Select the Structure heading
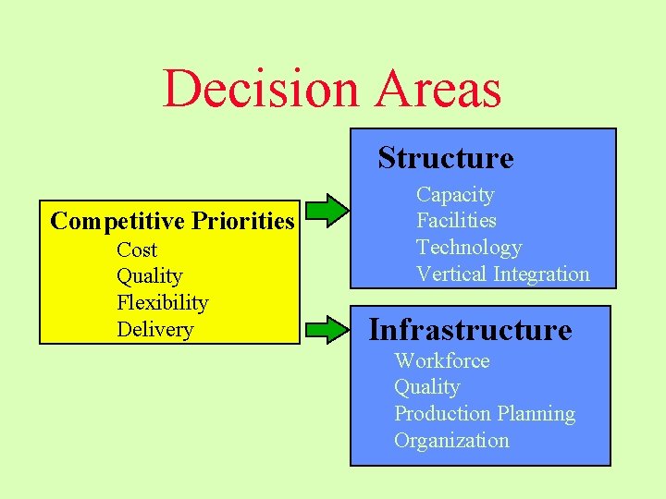point(445,158)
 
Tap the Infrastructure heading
point(470,329)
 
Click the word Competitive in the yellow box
point(105,222)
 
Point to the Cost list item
point(137,250)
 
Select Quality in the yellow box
point(149,276)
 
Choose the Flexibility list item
point(162,303)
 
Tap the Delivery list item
point(154,330)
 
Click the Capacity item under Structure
point(455,195)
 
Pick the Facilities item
point(456,221)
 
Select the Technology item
point(469,248)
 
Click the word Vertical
point(451,274)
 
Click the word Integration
point(541,274)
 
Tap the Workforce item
point(441,361)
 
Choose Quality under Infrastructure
point(426,387)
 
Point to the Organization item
point(451,441)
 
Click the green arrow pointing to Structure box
point(328,210)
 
